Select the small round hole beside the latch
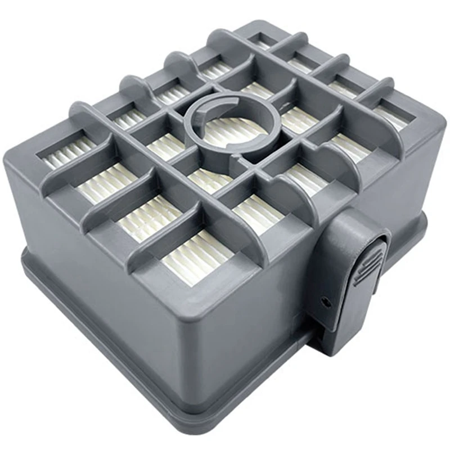[325, 301]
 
